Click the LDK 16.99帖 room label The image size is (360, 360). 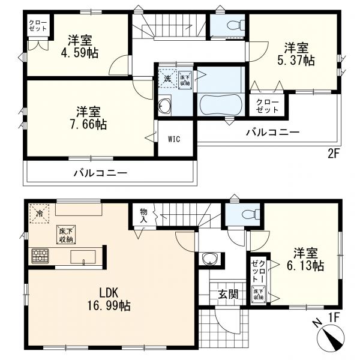pyautogui.click(x=109, y=299)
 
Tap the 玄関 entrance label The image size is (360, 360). pyautogui.click(x=228, y=294)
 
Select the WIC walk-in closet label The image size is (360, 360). pyautogui.click(x=174, y=139)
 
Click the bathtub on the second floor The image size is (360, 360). pyautogui.click(x=221, y=106)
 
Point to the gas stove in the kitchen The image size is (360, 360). pyautogui.click(x=40, y=256)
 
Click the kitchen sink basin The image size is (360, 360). pyautogui.click(x=83, y=257)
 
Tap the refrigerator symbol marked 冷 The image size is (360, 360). pyautogui.click(x=40, y=214)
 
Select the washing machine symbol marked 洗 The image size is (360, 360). pyautogui.click(x=167, y=79)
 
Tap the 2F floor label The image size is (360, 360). pyautogui.click(x=334, y=154)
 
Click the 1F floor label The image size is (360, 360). pyautogui.click(x=334, y=317)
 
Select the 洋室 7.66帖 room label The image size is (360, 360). pyautogui.click(x=88, y=118)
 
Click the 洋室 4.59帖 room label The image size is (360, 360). pyautogui.click(x=79, y=47)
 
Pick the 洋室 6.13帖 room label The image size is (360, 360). pyautogui.click(x=305, y=259)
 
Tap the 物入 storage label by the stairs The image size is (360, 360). pyautogui.click(x=143, y=215)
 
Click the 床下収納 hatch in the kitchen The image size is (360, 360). pyautogui.click(x=66, y=235)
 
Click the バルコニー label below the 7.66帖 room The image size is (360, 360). pyautogui.click(x=100, y=173)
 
